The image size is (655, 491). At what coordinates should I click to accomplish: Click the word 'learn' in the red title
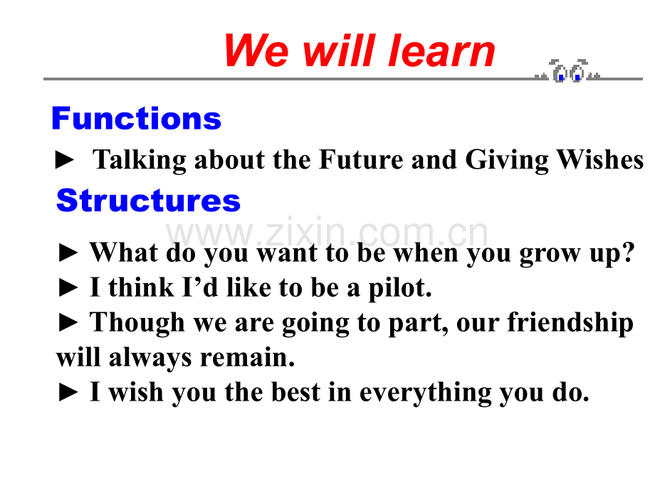(x=442, y=51)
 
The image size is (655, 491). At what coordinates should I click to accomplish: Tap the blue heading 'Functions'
(x=136, y=118)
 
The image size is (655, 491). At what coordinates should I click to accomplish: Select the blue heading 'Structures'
(x=148, y=201)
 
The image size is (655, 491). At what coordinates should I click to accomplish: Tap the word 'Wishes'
(x=600, y=159)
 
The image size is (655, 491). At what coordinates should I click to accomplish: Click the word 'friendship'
(x=570, y=323)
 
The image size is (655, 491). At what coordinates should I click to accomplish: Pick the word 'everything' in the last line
(x=425, y=393)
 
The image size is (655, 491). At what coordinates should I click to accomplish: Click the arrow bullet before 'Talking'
(x=65, y=160)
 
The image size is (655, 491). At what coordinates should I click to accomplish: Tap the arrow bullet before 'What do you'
(x=68, y=253)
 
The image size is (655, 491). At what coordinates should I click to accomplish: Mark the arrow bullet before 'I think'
(x=68, y=288)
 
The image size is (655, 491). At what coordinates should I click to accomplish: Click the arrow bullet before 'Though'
(x=68, y=323)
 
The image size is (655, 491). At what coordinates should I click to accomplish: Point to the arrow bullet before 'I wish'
(x=68, y=393)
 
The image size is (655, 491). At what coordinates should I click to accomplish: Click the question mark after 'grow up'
(x=628, y=252)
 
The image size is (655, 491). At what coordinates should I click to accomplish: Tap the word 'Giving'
(x=507, y=160)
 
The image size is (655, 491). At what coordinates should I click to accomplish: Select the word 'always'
(x=150, y=358)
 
